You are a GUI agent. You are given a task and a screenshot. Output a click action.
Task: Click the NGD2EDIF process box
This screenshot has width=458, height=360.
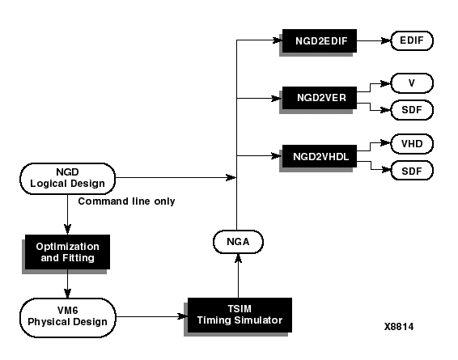(x=320, y=41)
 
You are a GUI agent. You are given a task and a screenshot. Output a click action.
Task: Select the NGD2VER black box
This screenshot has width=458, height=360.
(x=320, y=98)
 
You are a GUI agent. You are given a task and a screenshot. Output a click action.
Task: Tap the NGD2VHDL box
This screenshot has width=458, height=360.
(x=320, y=156)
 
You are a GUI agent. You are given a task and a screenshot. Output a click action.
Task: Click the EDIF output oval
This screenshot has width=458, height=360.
(x=412, y=40)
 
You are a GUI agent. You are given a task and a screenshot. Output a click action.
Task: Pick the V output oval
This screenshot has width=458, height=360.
(x=412, y=83)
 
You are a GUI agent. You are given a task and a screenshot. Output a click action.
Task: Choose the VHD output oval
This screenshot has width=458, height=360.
(x=412, y=144)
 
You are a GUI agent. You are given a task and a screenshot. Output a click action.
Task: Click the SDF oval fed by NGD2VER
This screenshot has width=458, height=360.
(x=412, y=110)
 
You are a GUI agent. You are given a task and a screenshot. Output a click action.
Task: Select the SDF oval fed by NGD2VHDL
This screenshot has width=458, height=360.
(x=412, y=171)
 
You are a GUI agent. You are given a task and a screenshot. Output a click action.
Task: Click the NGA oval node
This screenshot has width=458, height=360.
(x=238, y=242)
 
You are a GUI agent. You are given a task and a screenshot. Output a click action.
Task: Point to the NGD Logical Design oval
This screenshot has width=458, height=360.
(x=67, y=179)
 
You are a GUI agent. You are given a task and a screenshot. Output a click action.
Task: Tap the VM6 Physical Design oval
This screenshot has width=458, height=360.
(x=67, y=318)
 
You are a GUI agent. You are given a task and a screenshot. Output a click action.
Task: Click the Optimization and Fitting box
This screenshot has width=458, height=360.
(x=67, y=252)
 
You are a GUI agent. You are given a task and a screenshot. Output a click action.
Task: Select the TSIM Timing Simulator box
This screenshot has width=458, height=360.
(x=240, y=315)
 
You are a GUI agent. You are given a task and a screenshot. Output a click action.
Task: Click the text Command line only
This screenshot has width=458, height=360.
(x=126, y=201)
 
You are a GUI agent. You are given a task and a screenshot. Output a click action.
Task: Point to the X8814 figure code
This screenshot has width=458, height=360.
(x=399, y=326)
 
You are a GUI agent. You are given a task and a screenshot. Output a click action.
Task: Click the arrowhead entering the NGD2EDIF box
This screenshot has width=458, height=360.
(x=277, y=40)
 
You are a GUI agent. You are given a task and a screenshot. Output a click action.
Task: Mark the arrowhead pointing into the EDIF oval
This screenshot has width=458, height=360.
(x=385, y=41)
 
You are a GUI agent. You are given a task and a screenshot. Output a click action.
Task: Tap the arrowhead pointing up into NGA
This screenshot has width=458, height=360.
(x=239, y=258)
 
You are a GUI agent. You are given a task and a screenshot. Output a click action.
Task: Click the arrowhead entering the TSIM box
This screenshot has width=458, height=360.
(x=182, y=316)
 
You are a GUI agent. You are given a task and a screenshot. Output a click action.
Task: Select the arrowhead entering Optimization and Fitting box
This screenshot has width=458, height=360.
(x=67, y=230)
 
